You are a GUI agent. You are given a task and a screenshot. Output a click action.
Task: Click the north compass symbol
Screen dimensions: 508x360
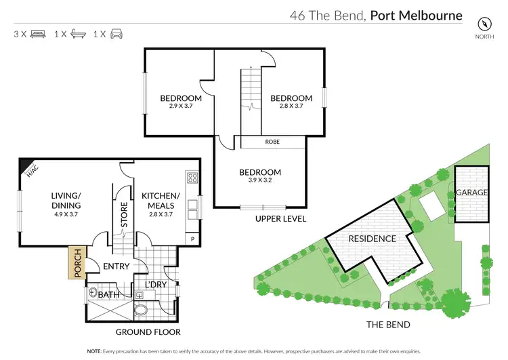tap(484, 22)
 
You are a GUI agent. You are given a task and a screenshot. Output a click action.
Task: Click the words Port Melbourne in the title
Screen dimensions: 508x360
tap(415, 15)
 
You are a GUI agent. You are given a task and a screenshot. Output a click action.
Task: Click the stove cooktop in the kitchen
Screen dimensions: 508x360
tap(192, 179)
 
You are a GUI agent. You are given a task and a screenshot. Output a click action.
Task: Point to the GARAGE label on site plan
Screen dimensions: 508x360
tap(471, 193)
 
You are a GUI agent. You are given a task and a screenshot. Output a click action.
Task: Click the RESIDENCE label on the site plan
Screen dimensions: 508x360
tap(372, 239)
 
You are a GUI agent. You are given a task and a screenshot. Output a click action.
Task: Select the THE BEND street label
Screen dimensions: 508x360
tap(388, 325)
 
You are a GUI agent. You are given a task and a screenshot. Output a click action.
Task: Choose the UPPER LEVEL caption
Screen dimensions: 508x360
tap(280, 219)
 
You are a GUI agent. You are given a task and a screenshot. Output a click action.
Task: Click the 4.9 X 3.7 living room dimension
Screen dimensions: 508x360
tap(66, 214)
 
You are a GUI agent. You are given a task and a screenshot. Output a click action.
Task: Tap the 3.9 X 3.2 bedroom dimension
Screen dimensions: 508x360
tap(260, 182)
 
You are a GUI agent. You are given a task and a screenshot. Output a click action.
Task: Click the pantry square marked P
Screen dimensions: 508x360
tap(192, 239)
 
